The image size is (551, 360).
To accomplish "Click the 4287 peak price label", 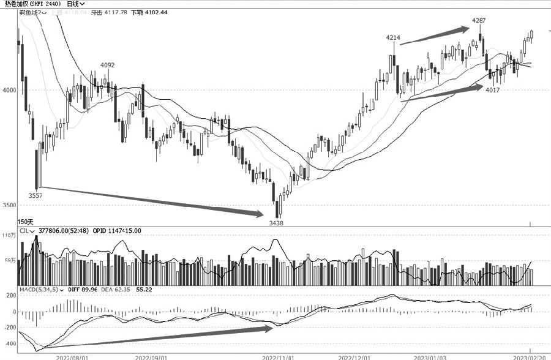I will (479, 21).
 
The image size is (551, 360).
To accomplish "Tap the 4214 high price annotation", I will (393, 38).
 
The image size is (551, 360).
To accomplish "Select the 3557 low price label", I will (36, 195).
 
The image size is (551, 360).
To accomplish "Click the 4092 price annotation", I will (107, 66).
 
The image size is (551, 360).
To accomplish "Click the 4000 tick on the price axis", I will (9, 91).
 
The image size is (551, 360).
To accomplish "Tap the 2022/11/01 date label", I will (279, 356).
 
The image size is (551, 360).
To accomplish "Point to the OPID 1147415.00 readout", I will (117, 231).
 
